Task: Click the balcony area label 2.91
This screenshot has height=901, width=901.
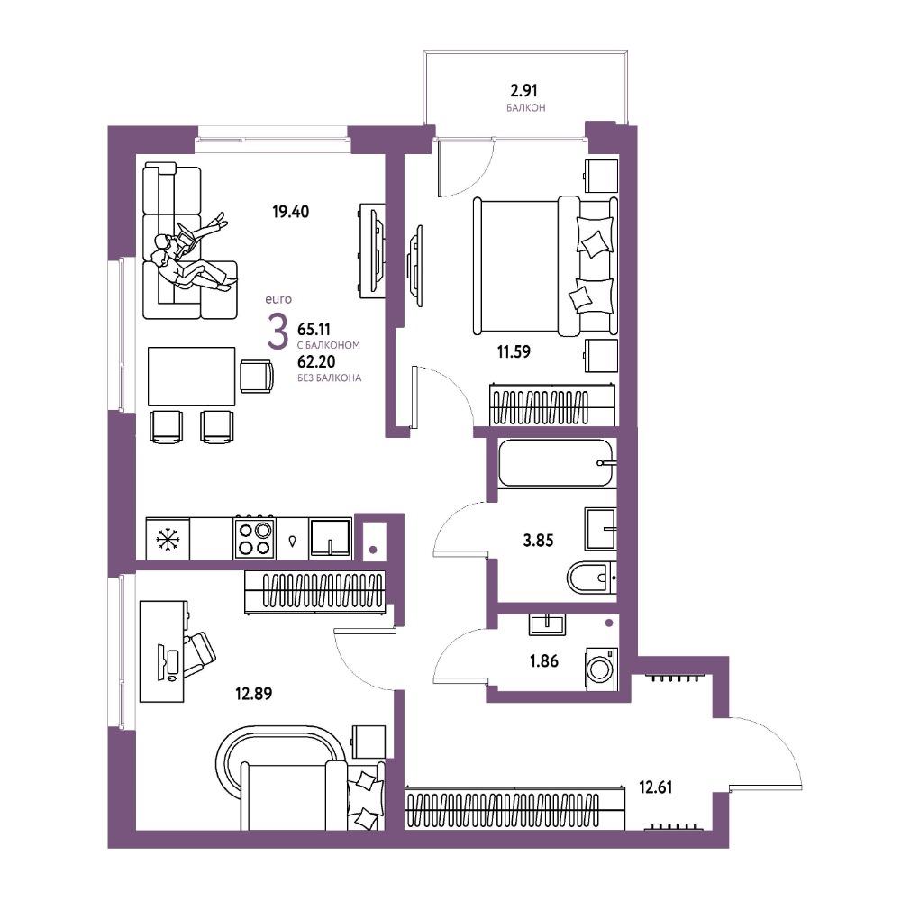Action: click(524, 91)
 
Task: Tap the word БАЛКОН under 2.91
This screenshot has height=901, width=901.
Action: click(526, 108)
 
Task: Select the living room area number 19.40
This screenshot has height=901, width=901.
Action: click(290, 212)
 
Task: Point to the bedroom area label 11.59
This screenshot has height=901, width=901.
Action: click(514, 351)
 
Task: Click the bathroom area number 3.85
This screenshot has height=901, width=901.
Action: click(539, 540)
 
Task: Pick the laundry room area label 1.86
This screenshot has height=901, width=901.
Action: click(543, 660)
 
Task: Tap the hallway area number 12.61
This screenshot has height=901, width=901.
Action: click(656, 787)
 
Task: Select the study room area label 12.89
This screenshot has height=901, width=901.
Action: click(253, 694)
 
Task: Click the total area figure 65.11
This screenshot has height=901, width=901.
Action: click(314, 329)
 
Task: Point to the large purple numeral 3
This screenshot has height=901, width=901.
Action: click(278, 332)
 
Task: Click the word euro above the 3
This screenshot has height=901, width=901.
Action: click(278, 299)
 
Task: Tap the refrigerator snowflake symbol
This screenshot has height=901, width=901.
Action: click(168, 540)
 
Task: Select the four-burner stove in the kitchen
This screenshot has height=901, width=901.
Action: click(254, 539)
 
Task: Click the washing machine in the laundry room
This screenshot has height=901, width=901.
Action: click(602, 669)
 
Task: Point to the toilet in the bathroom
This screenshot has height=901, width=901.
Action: click(592, 577)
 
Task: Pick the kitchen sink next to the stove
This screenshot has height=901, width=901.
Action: click(331, 538)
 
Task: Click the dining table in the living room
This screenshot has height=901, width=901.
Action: click(191, 377)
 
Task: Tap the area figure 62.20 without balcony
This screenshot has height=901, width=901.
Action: click(316, 362)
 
